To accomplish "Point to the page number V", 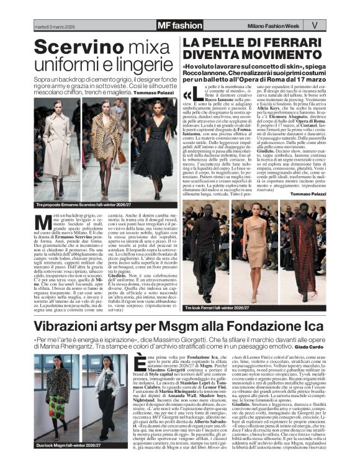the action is (x=314, y=25).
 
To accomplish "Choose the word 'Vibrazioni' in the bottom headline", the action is (x=75, y=326).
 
